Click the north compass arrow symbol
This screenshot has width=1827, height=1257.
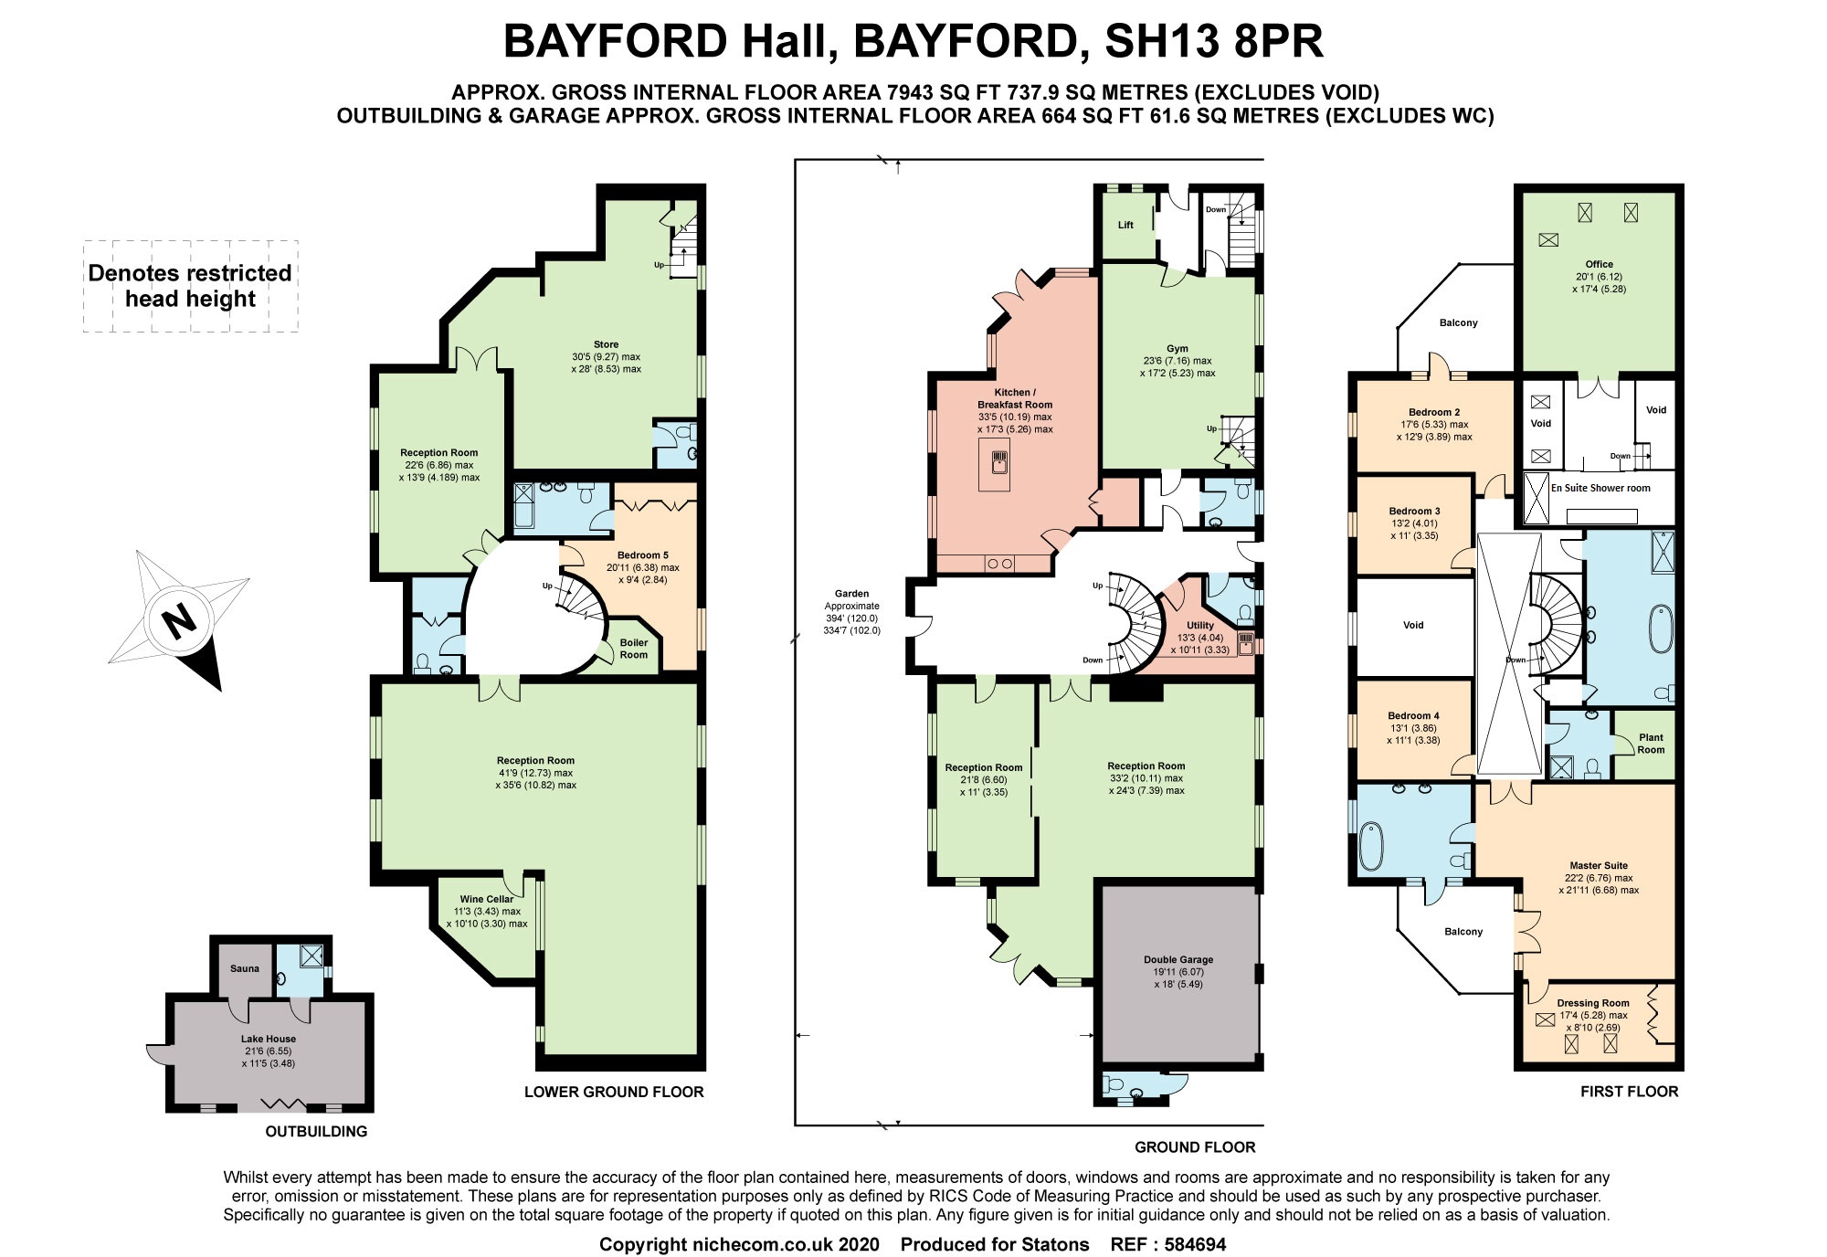(x=179, y=621)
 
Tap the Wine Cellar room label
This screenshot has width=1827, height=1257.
(x=487, y=899)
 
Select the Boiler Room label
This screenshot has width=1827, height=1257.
(x=634, y=649)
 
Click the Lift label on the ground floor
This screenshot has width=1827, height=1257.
(x=1125, y=225)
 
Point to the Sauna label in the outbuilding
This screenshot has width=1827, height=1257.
(x=245, y=968)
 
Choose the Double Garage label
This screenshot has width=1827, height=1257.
(x=1178, y=959)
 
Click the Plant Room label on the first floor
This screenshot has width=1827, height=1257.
(x=1651, y=744)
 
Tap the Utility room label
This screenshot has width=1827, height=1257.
(x=1200, y=626)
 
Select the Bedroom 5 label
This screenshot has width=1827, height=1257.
(x=643, y=555)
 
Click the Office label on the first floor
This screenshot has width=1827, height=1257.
(x=1600, y=264)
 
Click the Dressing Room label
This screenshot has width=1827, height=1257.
(x=1593, y=1003)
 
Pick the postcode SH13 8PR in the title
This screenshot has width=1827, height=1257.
(x=1214, y=41)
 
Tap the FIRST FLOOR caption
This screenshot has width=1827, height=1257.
(x=1630, y=1091)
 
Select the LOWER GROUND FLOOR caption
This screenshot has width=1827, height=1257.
(x=614, y=1092)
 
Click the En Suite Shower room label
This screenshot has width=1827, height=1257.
(x=1600, y=488)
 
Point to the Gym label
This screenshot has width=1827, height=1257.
(x=1178, y=348)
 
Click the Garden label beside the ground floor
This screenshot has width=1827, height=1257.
(x=852, y=594)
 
